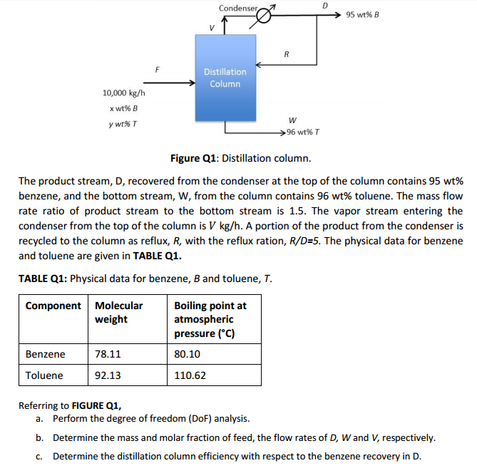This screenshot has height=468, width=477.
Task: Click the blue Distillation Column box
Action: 225,78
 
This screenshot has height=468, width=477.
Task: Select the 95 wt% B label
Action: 361,14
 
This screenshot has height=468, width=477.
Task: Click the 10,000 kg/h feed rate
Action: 124,93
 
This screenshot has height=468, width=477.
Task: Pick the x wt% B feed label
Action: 124,108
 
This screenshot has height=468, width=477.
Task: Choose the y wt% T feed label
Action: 124,122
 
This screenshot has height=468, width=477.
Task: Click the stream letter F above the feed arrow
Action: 158,69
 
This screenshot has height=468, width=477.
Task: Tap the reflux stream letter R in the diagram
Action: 286,53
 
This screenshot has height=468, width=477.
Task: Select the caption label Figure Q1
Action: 195,157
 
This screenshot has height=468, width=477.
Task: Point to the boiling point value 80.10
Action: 187,354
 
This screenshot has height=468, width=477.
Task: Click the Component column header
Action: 53,306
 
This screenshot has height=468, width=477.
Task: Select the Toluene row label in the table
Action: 44,375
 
